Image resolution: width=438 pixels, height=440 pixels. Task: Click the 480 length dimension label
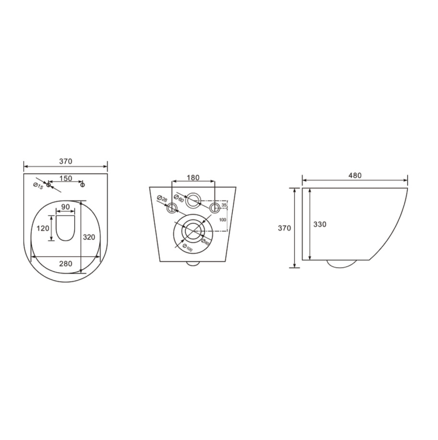355,175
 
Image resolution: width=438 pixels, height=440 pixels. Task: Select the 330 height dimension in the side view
319,225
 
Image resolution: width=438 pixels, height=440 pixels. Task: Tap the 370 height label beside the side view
284,228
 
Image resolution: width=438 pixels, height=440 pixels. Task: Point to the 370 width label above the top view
66,161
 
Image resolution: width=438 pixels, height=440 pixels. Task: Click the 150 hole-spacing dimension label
66,178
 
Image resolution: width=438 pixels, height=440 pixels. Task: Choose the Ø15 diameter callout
38,186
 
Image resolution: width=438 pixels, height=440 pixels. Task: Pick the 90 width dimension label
66,207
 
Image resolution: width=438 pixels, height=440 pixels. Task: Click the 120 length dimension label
43,228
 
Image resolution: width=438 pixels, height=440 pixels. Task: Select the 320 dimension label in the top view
89,237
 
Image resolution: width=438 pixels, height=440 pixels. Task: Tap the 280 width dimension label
66,264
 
